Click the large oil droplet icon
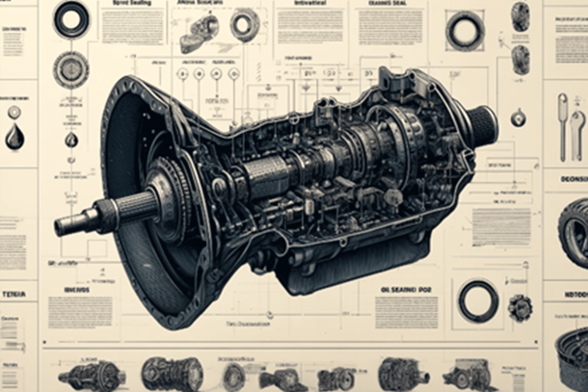pos(14,137)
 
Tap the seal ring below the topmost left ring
pos(71,68)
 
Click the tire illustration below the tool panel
pos(575,231)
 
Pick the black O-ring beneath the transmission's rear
pos(478,301)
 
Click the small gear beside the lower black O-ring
pos(521,307)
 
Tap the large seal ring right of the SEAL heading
pos(465,31)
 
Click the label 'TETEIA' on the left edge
pos(14,293)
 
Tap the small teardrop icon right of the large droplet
pos(70,140)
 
